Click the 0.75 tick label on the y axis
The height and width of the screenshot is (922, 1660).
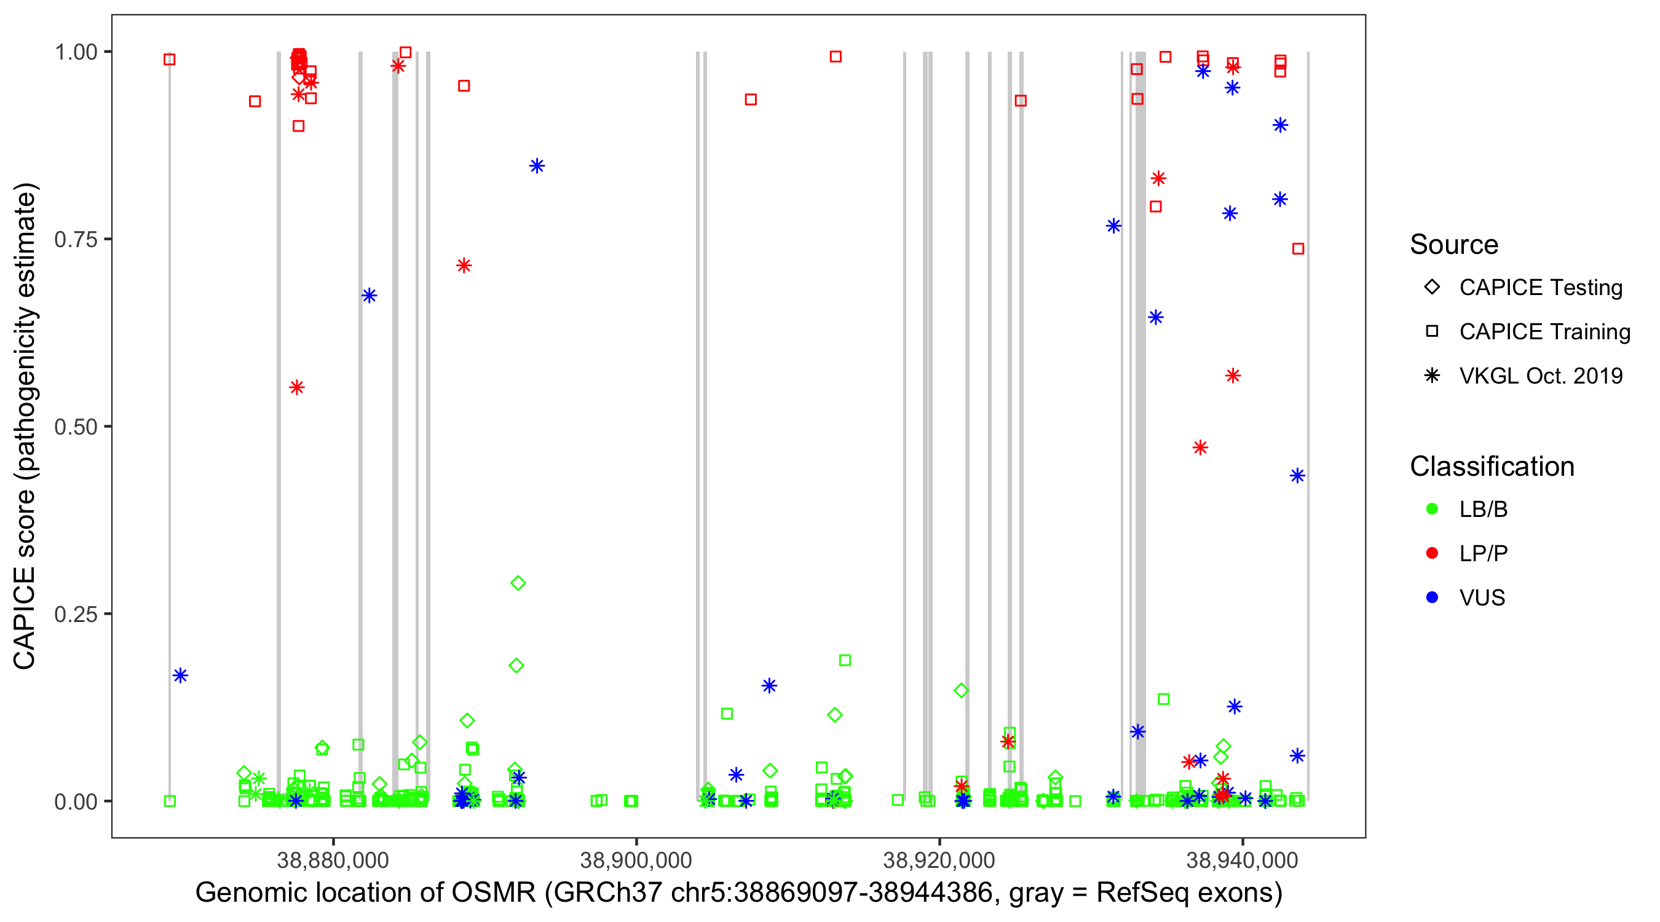pyautogui.click(x=76, y=239)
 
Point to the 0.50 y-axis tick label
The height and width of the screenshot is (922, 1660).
pyautogui.click(x=76, y=427)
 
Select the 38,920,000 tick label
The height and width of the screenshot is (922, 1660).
pyautogui.click(x=939, y=859)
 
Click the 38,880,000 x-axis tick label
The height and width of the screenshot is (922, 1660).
pyautogui.click(x=333, y=859)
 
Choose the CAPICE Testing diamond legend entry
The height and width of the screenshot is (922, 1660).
pyautogui.click(x=1432, y=288)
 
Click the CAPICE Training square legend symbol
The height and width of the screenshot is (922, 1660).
pyautogui.click(x=1432, y=331)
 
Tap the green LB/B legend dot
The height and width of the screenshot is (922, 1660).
pyautogui.click(x=1432, y=509)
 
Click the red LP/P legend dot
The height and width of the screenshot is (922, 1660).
pyautogui.click(x=1432, y=553)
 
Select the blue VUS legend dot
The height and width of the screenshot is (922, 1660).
pyautogui.click(x=1432, y=597)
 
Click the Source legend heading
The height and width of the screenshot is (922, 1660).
pyautogui.click(x=1454, y=245)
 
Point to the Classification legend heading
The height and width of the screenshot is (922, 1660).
pyautogui.click(x=1492, y=467)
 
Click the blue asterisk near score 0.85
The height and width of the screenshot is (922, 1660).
pyautogui.click(x=537, y=166)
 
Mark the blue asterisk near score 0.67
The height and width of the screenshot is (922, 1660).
pyautogui.click(x=370, y=296)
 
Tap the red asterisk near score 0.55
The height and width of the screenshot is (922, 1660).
pyautogui.click(x=296, y=387)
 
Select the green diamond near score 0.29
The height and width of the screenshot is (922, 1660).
pyautogui.click(x=518, y=583)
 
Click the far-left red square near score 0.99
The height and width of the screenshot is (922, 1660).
pyautogui.click(x=170, y=60)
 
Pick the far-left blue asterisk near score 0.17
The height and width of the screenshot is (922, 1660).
pyautogui.click(x=180, y=676)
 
